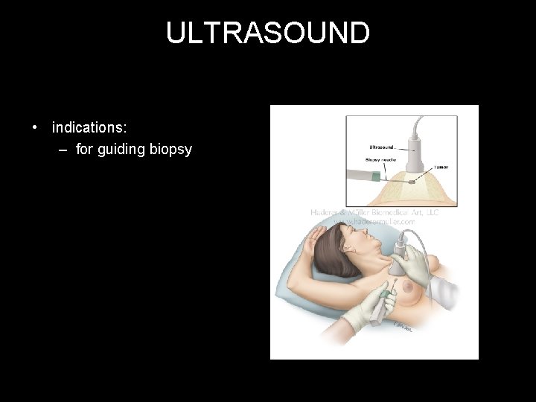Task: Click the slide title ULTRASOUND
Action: point(267,33)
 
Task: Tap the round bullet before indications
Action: point(35,127)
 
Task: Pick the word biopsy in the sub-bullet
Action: point(172,150)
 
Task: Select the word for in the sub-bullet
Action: point(84,150)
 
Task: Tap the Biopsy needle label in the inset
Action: point(380,159)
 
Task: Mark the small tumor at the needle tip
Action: point(413,181)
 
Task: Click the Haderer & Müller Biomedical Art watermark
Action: point(374,212)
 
